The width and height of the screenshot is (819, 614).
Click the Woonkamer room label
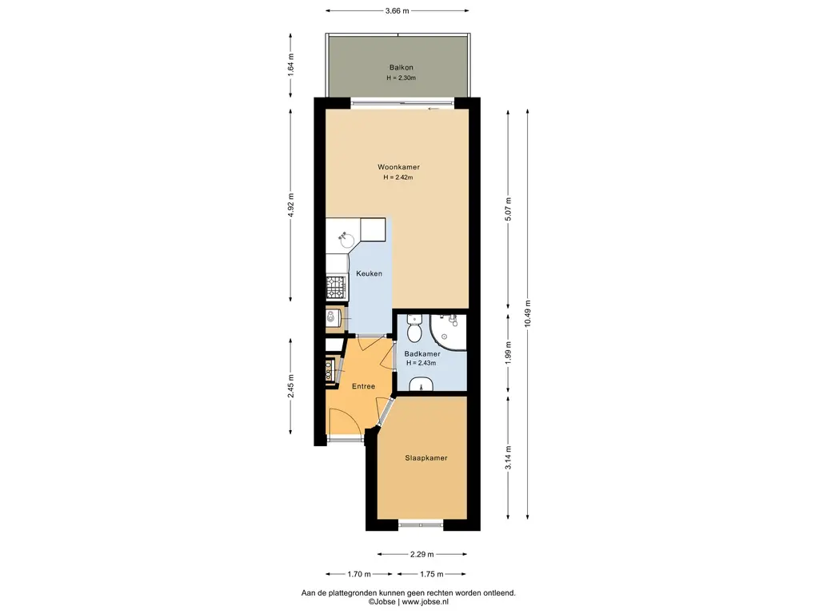pyautogui.click(x=398, y=167)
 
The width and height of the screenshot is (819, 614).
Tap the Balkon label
pyautogui.click(x=402, y=67)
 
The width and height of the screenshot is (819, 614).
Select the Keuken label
pyautogui.click(x=370, y=273)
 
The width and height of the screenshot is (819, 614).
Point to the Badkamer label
pyautogui.click(x=422, y=354)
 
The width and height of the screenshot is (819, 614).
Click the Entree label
pyautogui.click(x=364, y=386)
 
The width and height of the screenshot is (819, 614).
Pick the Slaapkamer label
pyautogui.click(x=426, y=458)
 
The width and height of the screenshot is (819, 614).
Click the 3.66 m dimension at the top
pyautogui.click(x=397, y=10)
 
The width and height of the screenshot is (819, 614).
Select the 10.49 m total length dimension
pyautogui.click(x=528, y=313)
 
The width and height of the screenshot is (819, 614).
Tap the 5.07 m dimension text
pyautogui.click(x=508, y=209)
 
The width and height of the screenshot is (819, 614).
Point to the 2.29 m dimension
pyautogui.click(x=422, y=555)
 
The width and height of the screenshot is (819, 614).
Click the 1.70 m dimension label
pyautogui.click(x=359, y=574)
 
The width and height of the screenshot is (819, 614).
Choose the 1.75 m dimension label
pyautogui.click(x=431, y=574)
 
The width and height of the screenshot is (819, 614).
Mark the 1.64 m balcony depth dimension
pyautogui.click(x=291, y=65)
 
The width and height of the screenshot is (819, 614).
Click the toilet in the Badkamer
pyautogui.click(x=415, y=327)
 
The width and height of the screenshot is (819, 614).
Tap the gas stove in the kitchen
pyautogui.click(x=337, y=288)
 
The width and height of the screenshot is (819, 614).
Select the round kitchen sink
pyautogui.click(x=346, y=240)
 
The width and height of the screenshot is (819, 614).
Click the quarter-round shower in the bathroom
pyautogui.click(x=448, y=332)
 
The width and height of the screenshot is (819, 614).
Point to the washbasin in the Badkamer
pyautogui.click(x=421, y=385)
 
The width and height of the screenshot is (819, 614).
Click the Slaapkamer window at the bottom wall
pyautogui.click(x=421, y=523)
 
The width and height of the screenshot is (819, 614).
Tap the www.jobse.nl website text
pyautogui.click(x=425, y=602)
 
